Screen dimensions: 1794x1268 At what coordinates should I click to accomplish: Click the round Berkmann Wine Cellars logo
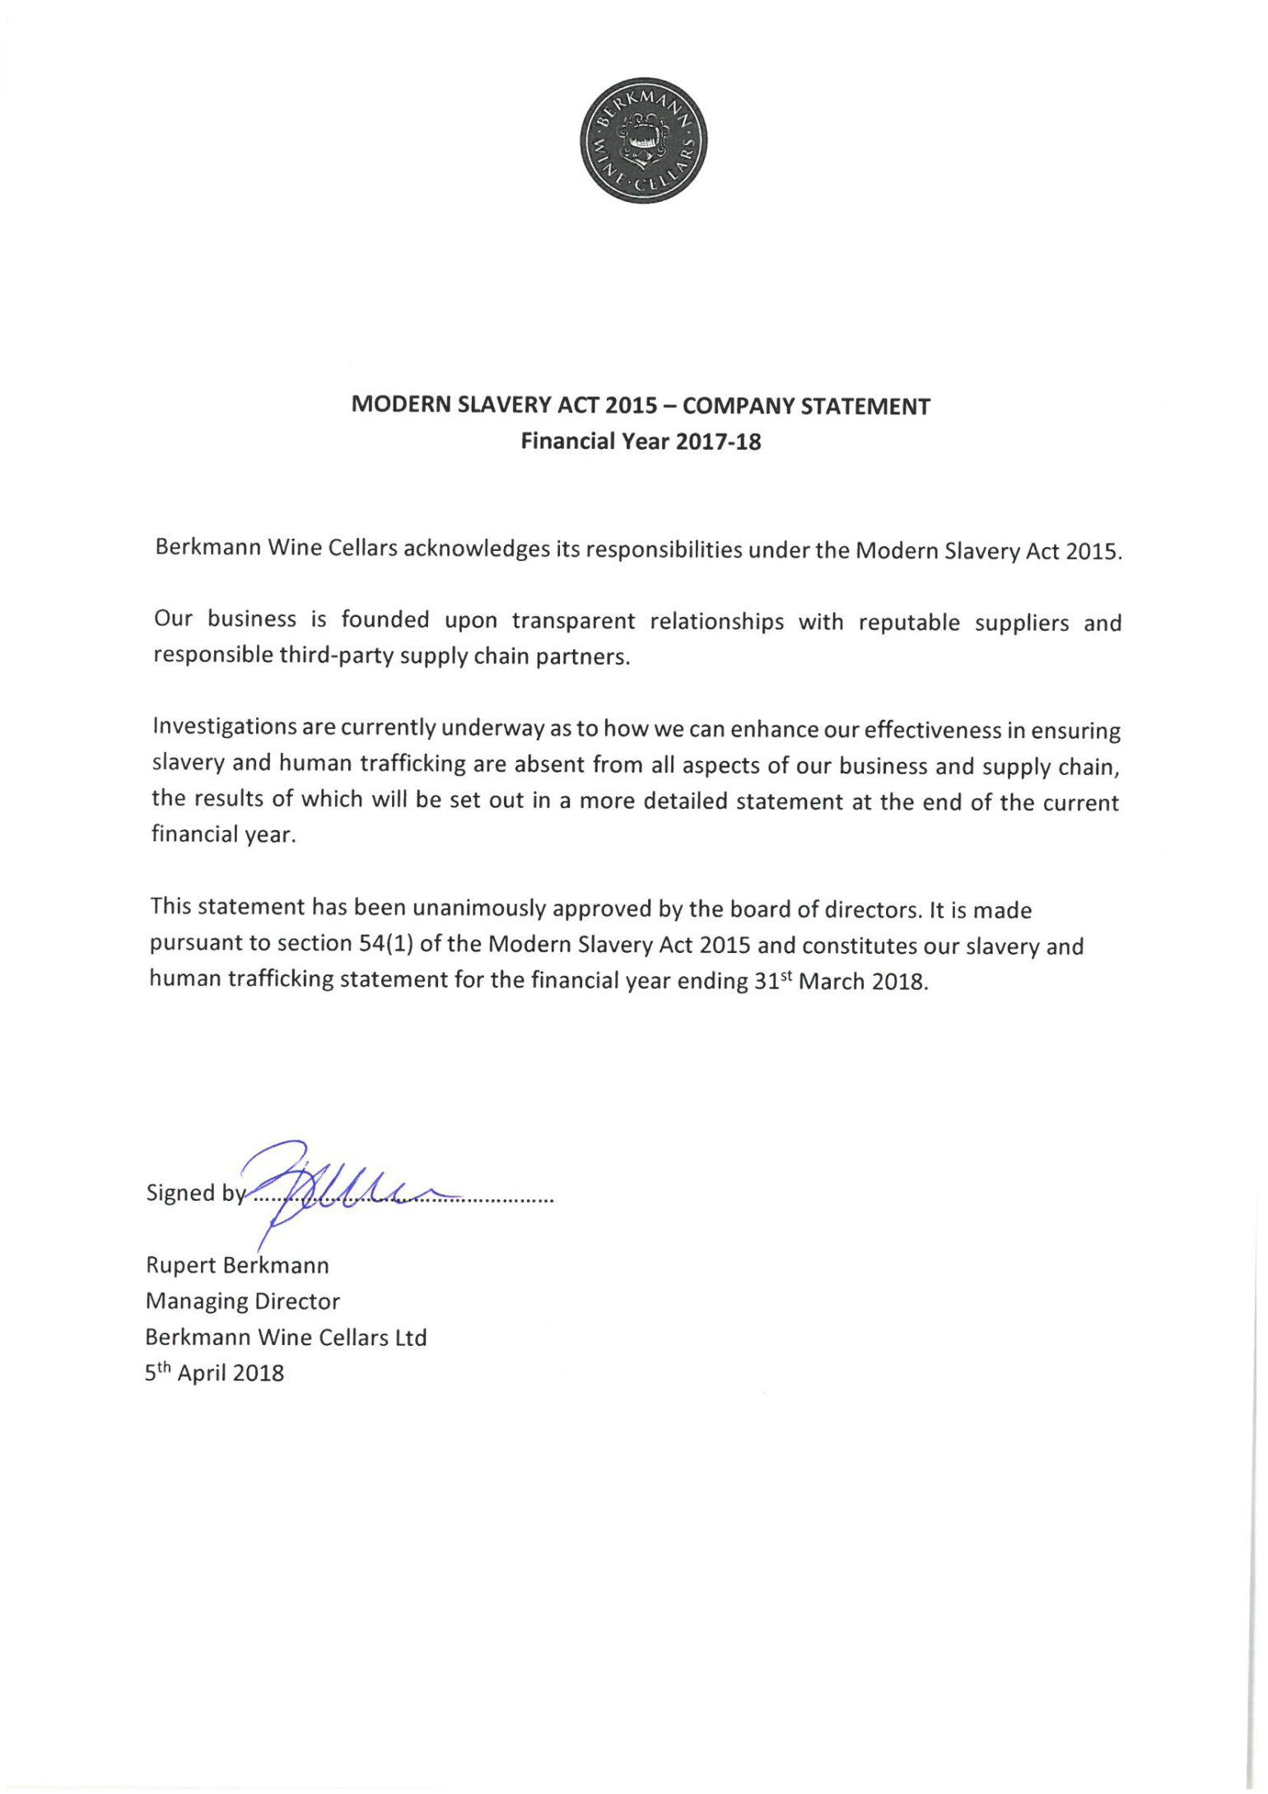click(643, 140)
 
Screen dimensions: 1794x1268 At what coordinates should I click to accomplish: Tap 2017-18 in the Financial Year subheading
click(718, 441)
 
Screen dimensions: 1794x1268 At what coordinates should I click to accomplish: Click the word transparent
click(573, 620)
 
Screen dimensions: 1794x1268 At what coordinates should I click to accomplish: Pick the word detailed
click(687, 801)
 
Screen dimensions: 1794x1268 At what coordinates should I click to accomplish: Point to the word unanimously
click(479, 908)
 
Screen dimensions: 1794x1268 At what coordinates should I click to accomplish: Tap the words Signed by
click(196, 1193)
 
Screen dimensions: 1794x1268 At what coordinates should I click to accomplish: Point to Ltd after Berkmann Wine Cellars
click(410, 1337)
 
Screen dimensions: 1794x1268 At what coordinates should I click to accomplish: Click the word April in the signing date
click(202, 1373)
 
